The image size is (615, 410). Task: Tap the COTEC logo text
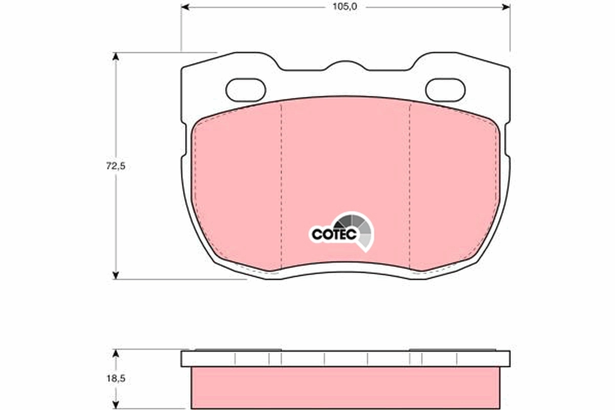331,234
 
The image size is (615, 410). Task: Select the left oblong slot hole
245,90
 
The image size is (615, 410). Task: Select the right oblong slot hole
445,90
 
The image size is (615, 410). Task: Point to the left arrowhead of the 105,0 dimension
185,7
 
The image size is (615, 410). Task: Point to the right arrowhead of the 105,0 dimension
506,7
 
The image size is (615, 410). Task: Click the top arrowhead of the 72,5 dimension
116,56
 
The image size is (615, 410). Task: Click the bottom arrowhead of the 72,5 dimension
116,275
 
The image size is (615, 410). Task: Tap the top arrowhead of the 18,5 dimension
116,354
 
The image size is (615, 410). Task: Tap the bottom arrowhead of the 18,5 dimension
116,405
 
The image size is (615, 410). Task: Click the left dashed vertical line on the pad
281,184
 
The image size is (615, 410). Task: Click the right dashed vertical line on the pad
410,184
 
